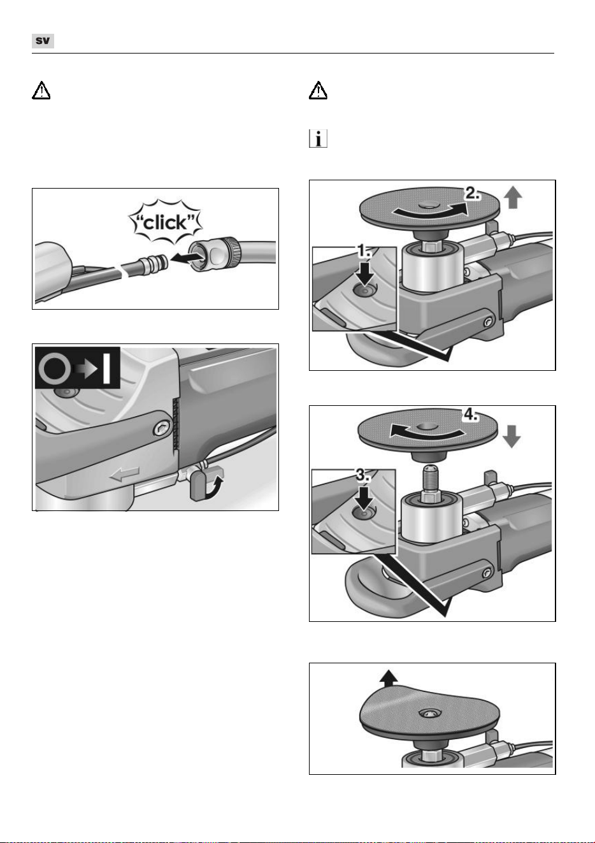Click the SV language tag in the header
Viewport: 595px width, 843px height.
tap(43, 41)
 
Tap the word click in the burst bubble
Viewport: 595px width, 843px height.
tap(165, 223)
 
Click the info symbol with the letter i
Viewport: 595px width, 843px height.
tap(318, 138)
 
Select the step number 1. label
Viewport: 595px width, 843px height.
tap(364, 251)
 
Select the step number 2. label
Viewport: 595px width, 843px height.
tap(472, 194)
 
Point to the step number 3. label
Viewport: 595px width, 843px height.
tap(362, 475)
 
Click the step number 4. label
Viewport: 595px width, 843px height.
tap(470, 415)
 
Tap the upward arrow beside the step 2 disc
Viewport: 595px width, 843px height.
tap(513, 198)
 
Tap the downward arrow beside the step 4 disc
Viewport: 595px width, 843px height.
tap(512, 436)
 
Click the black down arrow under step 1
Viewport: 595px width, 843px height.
tap(364, 273)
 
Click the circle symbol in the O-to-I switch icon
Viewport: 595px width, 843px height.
tap(55, 368)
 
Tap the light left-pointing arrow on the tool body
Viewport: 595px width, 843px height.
tap(124, 474)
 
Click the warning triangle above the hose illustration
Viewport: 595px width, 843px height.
tap(41, 90)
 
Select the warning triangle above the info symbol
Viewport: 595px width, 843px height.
tap(318, 90)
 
